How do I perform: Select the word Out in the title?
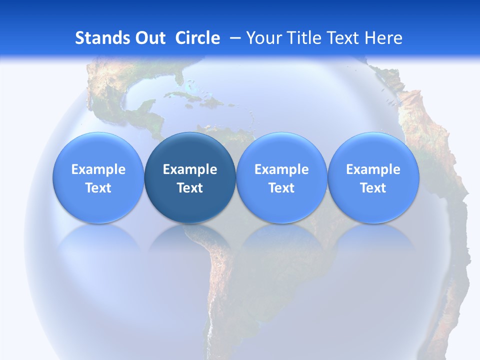pyautogui.click(x=149, y=38)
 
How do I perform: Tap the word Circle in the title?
pyautogui.click(x=197, y=38)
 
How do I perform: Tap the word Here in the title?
pyautogui.click(x=383, y=38)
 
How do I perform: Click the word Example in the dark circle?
pyautogui.click(x=190, y=169)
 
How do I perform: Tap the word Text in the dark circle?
pyautogui.click(x=190, y=188)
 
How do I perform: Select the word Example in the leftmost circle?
pyautogui.click(x=98, y=169)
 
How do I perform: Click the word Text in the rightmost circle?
pyautogui.click(x=373, y=188)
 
